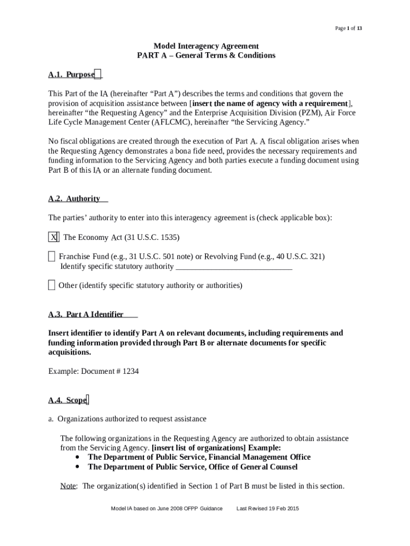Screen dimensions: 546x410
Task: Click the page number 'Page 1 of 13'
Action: point(348,28)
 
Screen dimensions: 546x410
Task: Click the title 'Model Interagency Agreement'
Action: point(206,46)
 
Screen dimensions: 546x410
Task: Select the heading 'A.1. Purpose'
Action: point(71,75)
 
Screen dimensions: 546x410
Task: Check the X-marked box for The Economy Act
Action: point(53,237)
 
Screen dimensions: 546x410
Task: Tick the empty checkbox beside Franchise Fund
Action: point(51,256)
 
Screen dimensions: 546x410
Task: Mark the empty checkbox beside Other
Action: point(51,285)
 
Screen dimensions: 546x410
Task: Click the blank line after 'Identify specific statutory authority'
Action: point(234,267)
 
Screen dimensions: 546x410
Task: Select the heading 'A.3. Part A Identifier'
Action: point(86,314)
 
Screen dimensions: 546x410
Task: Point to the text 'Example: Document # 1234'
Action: point(94,371)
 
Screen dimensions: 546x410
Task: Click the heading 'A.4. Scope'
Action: point(68,400)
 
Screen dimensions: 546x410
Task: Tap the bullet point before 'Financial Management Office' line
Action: point(78,457)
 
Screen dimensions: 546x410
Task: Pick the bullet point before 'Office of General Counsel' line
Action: point(78,467)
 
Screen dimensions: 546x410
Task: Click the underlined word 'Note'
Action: point(68,486)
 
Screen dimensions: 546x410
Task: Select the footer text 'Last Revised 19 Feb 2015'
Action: point(267,509)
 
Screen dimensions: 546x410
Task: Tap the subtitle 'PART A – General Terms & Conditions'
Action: point(206,55)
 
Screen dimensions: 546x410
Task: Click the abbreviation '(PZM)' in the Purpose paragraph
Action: point(310,113)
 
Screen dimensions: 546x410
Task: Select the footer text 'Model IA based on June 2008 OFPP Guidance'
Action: point(166,509)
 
